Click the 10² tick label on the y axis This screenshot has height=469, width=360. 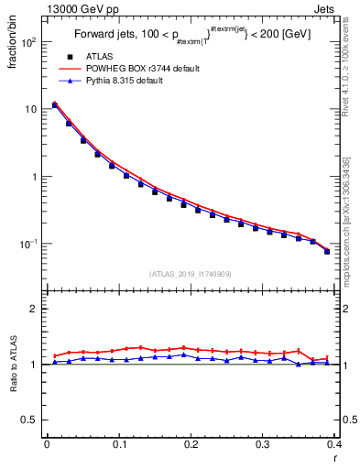[x=29, y=42]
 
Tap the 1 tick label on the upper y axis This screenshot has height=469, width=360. [x=35, y=177]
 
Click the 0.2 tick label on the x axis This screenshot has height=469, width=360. [x=191, y=444]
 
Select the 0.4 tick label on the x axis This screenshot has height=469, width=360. [x=334, y=444]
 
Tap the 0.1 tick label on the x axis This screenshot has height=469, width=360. [x=118, y=444]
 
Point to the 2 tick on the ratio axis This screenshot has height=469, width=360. [x=35, y=309]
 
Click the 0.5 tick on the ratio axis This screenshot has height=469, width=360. [x=31, y=420]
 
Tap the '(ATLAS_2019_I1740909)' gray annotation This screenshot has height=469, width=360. [x=191, y=274]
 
